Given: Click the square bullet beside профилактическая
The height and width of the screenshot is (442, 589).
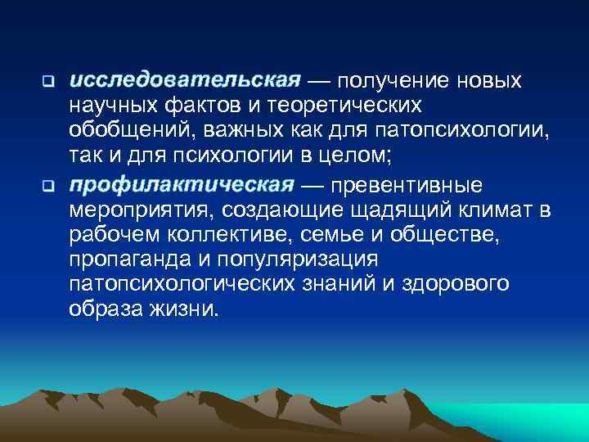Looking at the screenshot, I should [47, 184].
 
